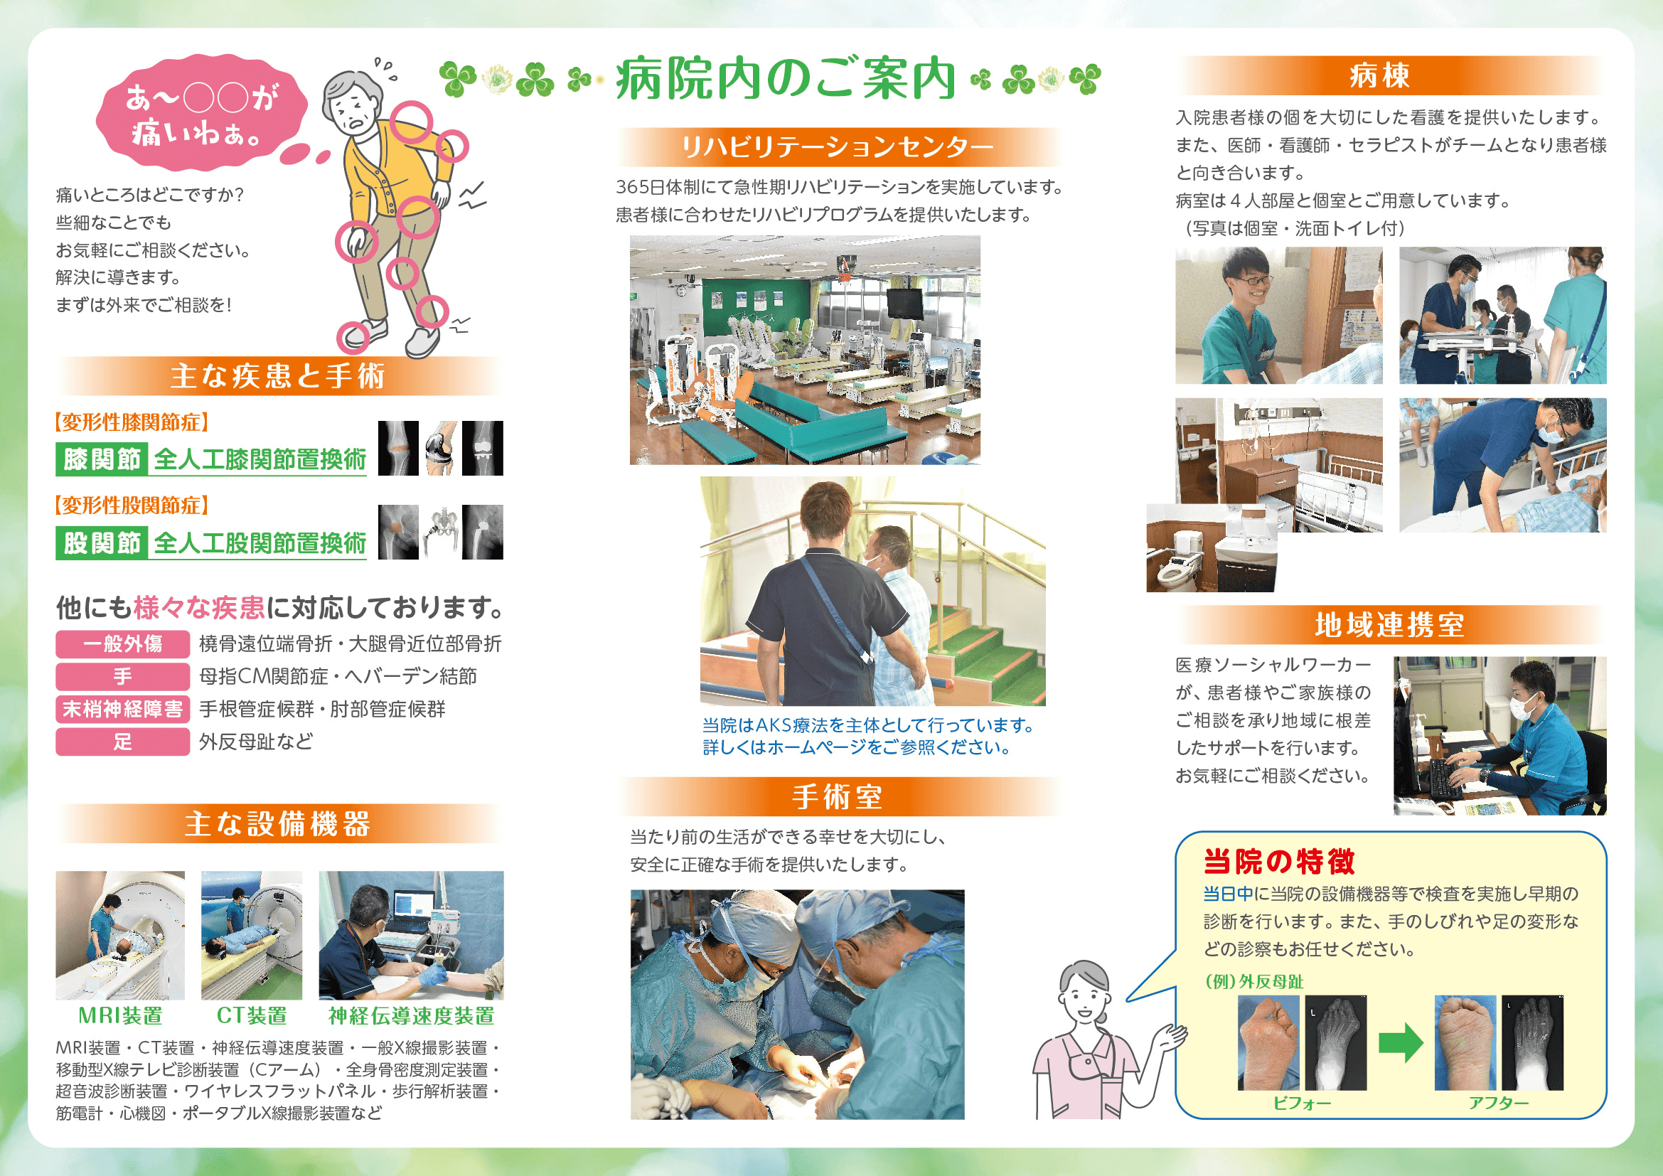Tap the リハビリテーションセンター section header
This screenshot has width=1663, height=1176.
click(x=838, y=147)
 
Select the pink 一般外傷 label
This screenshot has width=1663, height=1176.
click(x=122, y=643)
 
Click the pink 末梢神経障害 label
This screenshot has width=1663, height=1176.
click(x=122, y=709)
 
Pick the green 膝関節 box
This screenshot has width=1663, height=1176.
click(x=102, y=459)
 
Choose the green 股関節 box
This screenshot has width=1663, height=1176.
click(x=102, y=543)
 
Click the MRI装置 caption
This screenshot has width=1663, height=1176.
click(x=120, y=1015)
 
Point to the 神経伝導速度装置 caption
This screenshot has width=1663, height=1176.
click(x=412, y=1015)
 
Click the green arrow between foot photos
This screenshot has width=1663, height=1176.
click(x=1401, y=1043)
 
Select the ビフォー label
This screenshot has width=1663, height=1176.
click(x=1302, y=1103)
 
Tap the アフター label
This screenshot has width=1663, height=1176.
click(x=1499, y=1103)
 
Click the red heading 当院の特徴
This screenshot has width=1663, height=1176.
click(x=1278, y=861)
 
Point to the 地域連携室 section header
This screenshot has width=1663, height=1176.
click(x=1390, y=625)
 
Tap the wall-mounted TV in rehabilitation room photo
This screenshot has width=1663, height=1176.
click(x=904, y=304)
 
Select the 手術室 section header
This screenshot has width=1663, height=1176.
click(x=838, y=796)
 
